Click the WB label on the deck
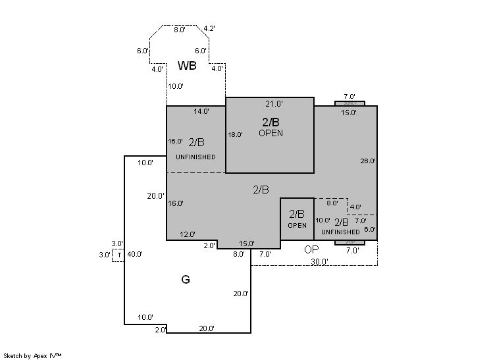click(187, 66)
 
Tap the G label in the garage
click(186, 280)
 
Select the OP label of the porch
click(311, 249)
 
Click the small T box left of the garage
click(118, 254)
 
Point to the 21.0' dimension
click(274, 104)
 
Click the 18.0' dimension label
click(235, 134)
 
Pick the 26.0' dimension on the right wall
click(369, 161)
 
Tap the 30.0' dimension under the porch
click(321, 261)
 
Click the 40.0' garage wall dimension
click(135, 254)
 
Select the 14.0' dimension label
click(201, 111)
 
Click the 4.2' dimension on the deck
click(209, 29)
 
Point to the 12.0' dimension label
click(188, 234)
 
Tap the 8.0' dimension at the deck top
click(179, 30)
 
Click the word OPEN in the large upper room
click(271, 133)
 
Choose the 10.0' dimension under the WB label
click(175, 86)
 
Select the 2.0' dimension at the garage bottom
click(161, 330)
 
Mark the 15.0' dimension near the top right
click(349, 113)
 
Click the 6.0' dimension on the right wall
click(370, 230)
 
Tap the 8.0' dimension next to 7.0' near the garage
click(238, 253)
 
